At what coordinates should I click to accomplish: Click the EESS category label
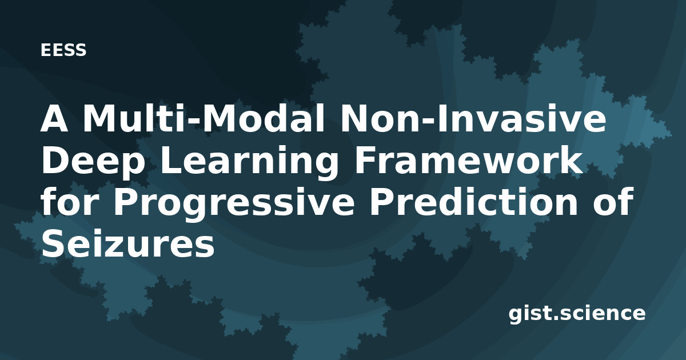click(x=63, y=50)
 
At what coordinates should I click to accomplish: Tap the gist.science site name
click(x=577, y=314)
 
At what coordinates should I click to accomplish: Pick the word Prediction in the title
click(x=474, y=202)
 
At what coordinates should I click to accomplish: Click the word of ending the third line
click(x=613, y=202)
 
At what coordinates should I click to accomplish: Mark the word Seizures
click(x=128, y=244)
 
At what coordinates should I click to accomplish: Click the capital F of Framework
click(x=365, y=161)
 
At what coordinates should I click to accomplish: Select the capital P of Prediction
click(x=382, y=202)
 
